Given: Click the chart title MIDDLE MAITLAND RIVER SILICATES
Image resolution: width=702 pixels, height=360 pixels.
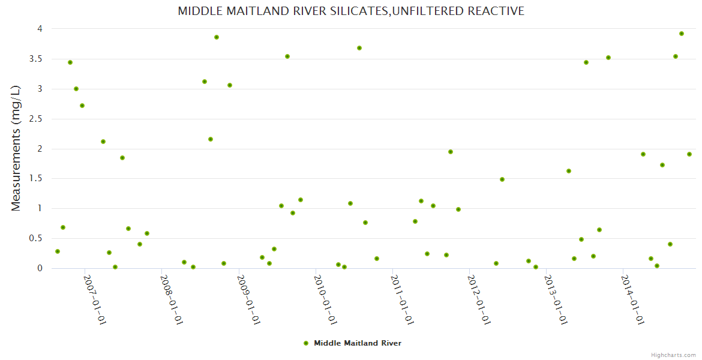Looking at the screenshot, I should click(x=351, y=11).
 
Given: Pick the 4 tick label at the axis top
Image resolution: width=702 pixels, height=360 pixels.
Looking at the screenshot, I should click(x=39, y=29).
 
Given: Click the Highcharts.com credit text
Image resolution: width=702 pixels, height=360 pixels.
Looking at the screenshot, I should click(x=673, y=355).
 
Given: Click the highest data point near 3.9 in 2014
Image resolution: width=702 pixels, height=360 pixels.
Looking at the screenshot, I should click(x=682, y=34).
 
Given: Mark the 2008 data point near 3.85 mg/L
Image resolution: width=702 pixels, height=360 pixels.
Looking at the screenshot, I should click(x=217, y=37).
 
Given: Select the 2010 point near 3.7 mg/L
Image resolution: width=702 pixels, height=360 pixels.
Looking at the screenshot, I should click(x=359, y=48).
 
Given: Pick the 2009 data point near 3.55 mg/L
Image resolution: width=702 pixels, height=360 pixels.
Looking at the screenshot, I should click(x=287, y=56).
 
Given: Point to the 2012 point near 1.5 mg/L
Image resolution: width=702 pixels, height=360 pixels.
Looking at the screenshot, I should click(x=502, y=179).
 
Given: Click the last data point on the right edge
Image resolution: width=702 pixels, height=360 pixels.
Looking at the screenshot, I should click(x=689, y=154).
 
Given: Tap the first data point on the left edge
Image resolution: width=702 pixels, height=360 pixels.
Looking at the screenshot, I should click(x=58, y=251).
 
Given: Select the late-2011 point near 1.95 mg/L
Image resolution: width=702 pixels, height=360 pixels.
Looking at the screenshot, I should click(x=451, y=152).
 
